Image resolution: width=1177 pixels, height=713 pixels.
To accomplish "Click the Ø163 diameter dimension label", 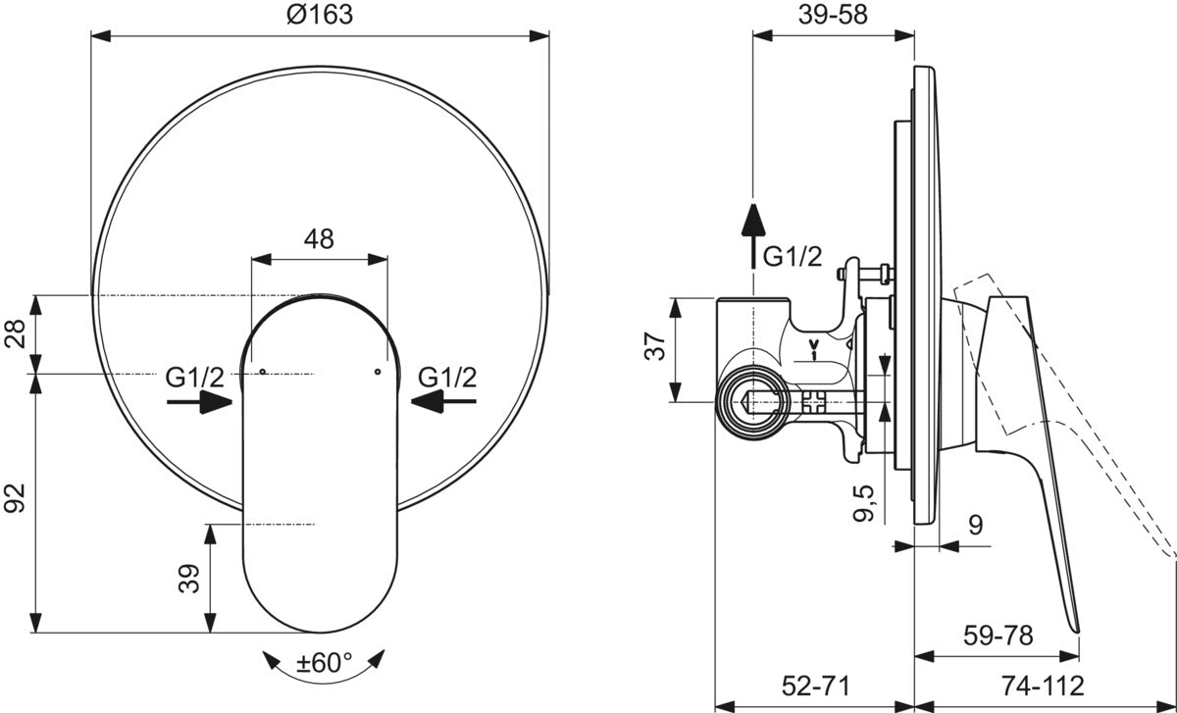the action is coord(320,14).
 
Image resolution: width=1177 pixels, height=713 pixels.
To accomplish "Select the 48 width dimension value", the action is coord(319,239).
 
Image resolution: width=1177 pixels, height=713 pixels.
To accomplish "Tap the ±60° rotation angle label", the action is coord(325,663).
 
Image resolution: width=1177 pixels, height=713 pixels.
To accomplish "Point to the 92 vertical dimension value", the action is coord(15,498).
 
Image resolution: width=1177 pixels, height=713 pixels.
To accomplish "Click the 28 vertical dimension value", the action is coord(15,333).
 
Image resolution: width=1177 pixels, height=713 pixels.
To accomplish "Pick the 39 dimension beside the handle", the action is coord(189,579).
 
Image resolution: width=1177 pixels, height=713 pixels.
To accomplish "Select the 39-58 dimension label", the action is coord(833,15).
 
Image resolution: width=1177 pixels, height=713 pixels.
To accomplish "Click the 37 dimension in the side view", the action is coord(655,346).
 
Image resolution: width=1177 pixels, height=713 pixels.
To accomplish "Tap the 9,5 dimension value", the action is coord(863,503).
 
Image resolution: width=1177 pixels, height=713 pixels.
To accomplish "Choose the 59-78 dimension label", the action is coord(998,636).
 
